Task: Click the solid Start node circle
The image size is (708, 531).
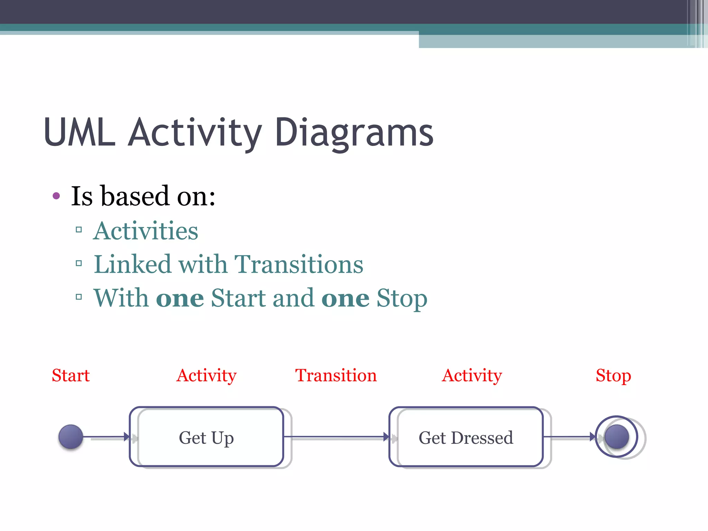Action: pos(71,437)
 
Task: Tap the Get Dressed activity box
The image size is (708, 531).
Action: pos(466,437)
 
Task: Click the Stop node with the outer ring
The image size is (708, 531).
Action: pos(616,437)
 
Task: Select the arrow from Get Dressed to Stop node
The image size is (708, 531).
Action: pos(569,437)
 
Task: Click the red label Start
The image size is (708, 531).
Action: pos(71,375)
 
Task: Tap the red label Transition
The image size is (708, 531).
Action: pos(336,375)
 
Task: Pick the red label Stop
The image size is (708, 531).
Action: pos(613,376)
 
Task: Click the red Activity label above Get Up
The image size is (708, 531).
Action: pos(206,376)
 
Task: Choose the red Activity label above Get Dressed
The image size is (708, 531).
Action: pos(472,376)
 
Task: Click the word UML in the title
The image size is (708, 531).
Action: pos(80,132)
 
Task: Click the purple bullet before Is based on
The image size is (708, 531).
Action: pos(56,196)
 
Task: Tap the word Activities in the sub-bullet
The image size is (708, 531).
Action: pos(146,231)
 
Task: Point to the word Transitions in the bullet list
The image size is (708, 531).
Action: pos(299,264)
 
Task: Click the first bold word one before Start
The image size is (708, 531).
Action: pos(180,298)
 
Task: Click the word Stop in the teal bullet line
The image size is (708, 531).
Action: pos(402,298)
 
